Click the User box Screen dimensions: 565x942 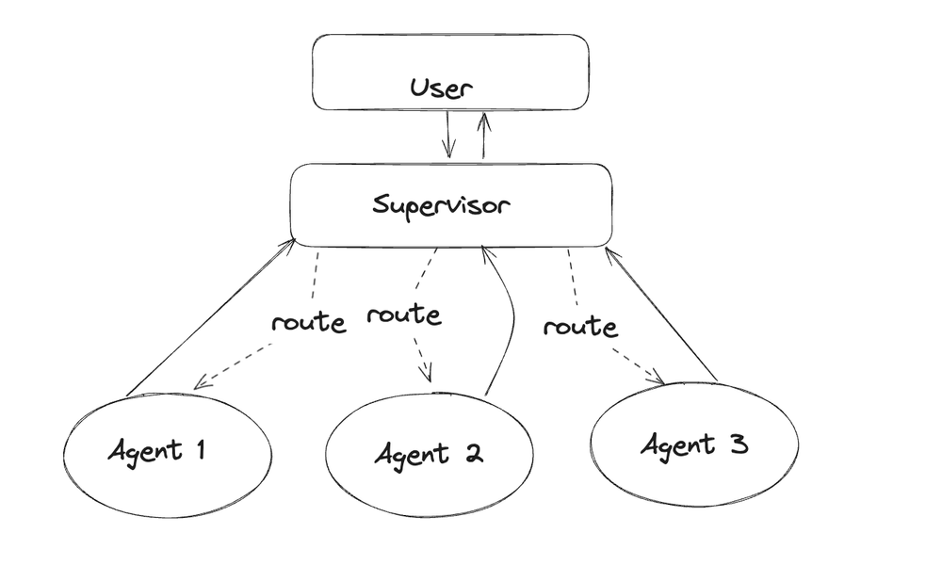[x=450, y=71]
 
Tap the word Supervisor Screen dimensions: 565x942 [x=441, y=205]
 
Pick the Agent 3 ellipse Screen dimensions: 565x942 [x=694, y=444]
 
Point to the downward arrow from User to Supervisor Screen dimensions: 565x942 [x=448, y=135]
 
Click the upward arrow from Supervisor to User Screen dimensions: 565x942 [x=484, y=135]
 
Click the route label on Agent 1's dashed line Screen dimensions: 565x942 [x=308, y=322]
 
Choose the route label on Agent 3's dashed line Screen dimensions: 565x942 [x=580, y=327]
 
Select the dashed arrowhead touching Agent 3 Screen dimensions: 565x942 [x=657, y=379]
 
